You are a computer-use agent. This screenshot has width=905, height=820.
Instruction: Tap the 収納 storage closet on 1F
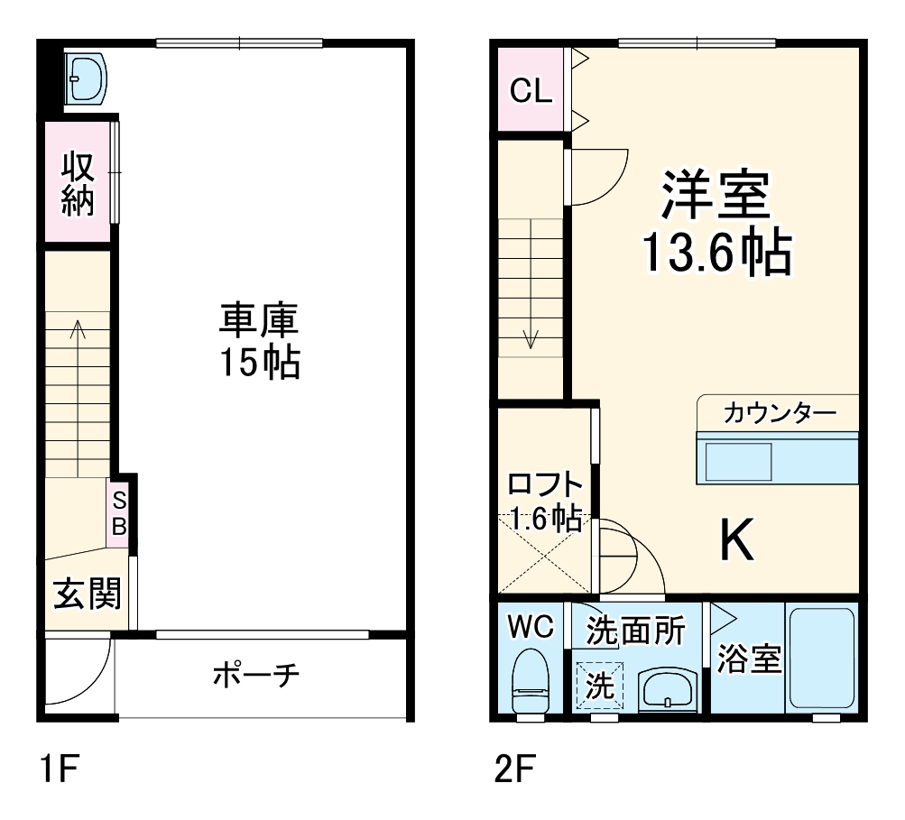coord(78,184)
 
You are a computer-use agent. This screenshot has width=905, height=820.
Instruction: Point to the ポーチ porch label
coord(256,675)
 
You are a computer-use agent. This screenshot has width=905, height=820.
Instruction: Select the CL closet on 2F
coord(531,90)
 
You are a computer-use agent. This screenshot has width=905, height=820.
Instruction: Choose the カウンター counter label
coord(780,414)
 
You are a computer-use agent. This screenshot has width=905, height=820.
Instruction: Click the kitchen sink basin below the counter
coord(737,462)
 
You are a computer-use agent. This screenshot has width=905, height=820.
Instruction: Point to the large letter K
coord(737,541)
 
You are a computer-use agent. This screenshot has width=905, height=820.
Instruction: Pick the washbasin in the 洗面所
coord(666,691)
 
